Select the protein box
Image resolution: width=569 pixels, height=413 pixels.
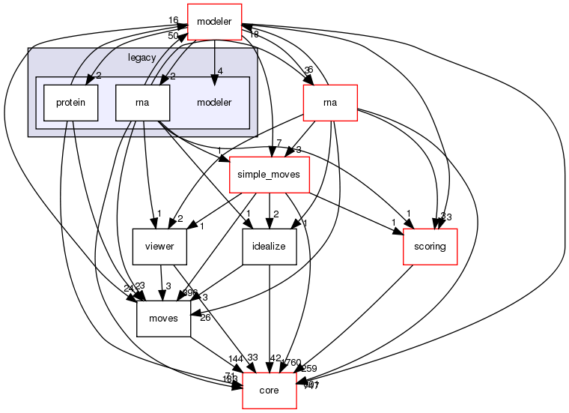[70, 102]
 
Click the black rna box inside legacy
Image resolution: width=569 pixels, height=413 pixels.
[142, 102]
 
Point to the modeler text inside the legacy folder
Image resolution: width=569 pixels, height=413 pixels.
[213, 102]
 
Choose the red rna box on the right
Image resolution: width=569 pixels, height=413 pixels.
[329, 102]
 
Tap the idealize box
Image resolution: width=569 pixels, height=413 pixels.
[270, 246]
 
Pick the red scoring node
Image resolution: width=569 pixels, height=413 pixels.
[430, 246]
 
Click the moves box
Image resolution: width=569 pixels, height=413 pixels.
[163, 318]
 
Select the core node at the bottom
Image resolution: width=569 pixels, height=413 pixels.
[269, 391]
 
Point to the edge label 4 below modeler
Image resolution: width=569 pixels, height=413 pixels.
[220, 72]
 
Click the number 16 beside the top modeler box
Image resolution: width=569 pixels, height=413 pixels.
[173, 20]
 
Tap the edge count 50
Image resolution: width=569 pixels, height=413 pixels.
[173, 36]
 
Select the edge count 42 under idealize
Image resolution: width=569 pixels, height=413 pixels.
[275, 358]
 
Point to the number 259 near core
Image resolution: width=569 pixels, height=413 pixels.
[308, 369]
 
